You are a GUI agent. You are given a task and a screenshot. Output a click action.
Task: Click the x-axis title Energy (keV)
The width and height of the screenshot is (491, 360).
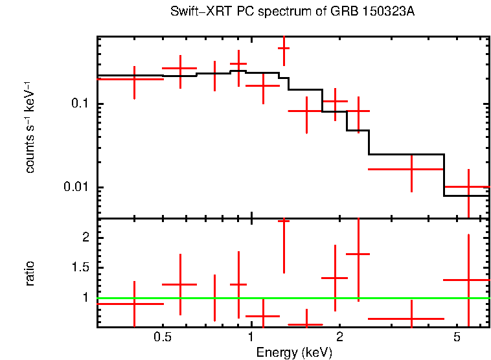294,352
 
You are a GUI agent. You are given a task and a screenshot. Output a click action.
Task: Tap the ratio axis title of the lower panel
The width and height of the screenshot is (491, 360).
30,273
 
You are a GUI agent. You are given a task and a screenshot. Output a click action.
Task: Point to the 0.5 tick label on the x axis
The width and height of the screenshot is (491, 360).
162,338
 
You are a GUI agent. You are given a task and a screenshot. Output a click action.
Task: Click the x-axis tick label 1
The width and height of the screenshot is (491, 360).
251,338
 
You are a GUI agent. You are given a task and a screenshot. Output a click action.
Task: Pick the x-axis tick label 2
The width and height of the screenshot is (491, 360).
339,338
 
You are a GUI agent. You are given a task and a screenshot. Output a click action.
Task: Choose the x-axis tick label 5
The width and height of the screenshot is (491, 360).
457,338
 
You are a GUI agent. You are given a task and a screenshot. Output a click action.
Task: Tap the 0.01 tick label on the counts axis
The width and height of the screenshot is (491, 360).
76,188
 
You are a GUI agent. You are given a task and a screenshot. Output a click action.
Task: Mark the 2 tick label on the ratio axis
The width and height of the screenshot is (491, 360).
85,238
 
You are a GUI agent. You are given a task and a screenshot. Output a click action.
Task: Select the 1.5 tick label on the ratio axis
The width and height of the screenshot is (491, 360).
80,268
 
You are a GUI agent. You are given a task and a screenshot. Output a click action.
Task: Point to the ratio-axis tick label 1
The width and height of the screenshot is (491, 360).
85,298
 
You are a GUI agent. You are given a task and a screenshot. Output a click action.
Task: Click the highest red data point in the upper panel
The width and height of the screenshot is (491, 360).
284,48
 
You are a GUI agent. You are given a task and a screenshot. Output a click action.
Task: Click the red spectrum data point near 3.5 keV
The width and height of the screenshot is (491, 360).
412,169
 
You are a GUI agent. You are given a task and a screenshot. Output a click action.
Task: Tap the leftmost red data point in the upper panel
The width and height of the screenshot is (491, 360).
134,78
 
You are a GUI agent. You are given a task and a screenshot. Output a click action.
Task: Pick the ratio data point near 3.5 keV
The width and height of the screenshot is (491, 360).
412,319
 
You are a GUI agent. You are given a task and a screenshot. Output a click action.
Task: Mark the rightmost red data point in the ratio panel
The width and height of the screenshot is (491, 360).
468,280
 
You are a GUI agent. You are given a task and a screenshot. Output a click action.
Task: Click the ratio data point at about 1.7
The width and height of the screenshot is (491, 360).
358,254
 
